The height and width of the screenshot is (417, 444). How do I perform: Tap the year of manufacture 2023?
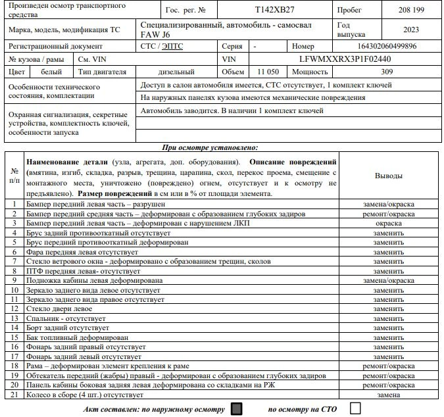pyautogui.click(x=411, y=29)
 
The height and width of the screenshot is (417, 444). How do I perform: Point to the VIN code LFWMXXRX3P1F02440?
pyautogui.click(x=340, y=59)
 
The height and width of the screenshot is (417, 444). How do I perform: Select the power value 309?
pyautogui.click(x=387, y=71)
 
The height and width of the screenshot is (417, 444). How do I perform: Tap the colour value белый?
pyautogui.click(x=51, y=71)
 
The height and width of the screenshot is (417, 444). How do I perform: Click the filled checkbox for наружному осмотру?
pyautogui.click(x=237, y=408)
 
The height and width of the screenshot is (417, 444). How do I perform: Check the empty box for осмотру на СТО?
pyautogui.click(x=356, y=408)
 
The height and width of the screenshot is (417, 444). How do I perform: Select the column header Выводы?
pyautogui.click(x=389, y=176)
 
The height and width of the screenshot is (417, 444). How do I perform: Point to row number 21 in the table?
pyautogui.click(x=14, y=395)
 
